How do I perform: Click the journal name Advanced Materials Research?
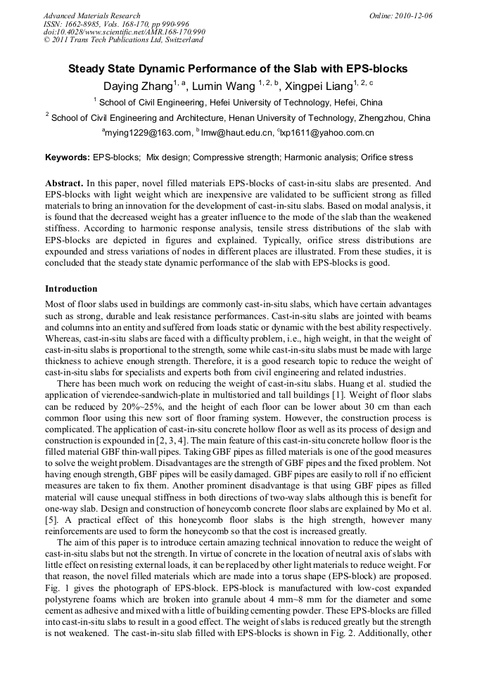coord(91,15)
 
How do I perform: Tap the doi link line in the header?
coord(125,32)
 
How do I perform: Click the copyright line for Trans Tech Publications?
coord(123,40)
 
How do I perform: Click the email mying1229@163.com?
coord(148,132)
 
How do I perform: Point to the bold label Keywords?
coord(68,157)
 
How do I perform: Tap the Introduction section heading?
coord(71,288)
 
